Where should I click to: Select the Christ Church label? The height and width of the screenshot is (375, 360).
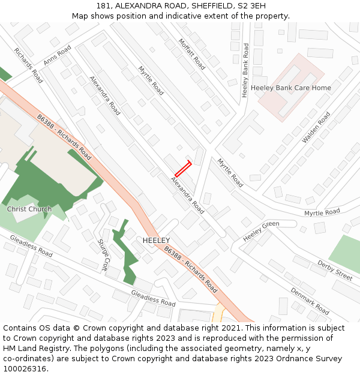[x=29, y=209]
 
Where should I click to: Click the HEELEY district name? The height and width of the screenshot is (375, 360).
[x=156, y=240]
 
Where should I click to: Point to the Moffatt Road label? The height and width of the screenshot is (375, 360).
[x=192, y=54]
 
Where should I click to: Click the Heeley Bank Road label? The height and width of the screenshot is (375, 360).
[x=245, y=70]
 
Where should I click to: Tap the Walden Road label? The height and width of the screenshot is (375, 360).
[x=316, y=127]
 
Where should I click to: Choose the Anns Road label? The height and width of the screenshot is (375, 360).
[x=58, y=55]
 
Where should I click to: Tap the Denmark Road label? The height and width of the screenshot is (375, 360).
[x=310, y=301]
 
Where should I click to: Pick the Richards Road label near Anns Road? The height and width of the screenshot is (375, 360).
[x=28, y=65]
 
